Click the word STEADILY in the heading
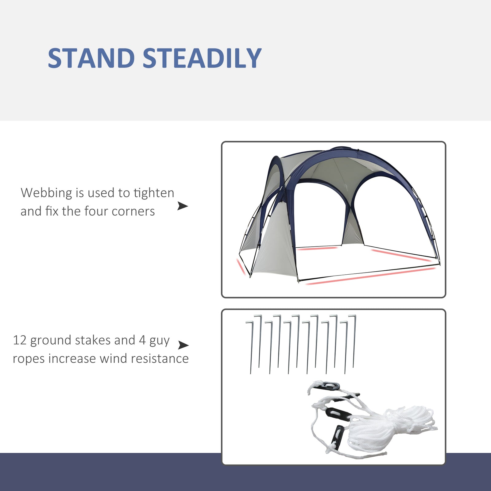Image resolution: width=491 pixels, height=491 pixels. [202, 58]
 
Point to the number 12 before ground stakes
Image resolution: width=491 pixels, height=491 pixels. [20, 340]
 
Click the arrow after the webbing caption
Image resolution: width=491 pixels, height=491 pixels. [183, 206]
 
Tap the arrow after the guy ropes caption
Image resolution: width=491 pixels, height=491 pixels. [183, 345]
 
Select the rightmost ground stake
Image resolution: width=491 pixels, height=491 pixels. [354, 341]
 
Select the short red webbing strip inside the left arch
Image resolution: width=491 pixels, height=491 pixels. [318, 248]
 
